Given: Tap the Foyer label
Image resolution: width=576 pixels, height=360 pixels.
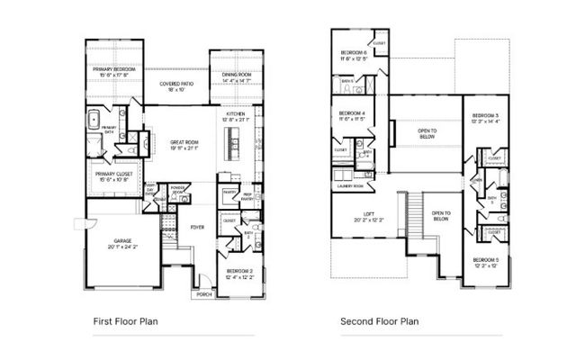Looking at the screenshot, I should [197, 228].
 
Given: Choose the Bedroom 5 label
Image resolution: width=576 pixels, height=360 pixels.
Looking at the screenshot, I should [484, 263].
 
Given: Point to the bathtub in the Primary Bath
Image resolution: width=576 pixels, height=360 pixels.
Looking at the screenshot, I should [94, 121].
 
